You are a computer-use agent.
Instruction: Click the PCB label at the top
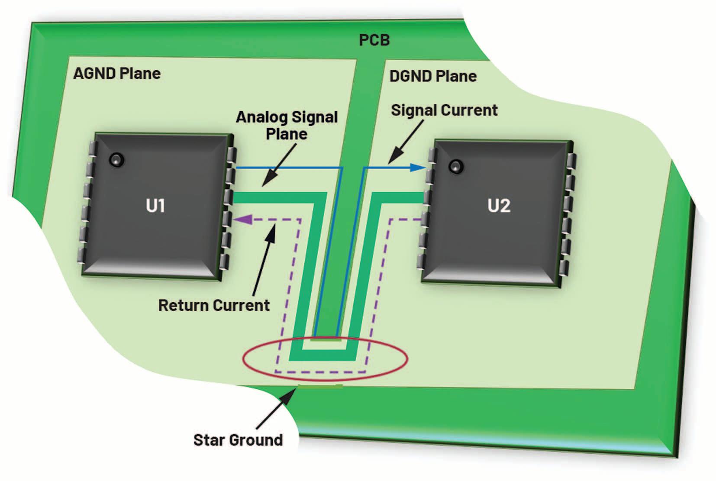(374, 40)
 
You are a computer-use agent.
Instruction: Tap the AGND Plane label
(117, 74)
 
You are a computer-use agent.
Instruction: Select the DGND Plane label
(433, 77)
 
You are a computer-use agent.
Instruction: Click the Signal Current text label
(444, 110)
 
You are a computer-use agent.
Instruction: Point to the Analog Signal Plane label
(287, 126)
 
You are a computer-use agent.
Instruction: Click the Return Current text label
(214, 306)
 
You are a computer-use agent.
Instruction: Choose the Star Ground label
(238, 440)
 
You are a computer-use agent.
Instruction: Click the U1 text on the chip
(155, 206)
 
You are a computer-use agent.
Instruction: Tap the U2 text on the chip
(499, 206)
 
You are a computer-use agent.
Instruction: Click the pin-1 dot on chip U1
(116, 160)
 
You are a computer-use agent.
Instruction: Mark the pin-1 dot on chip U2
(456, 166)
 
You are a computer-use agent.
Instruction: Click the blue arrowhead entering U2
(417, 168)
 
